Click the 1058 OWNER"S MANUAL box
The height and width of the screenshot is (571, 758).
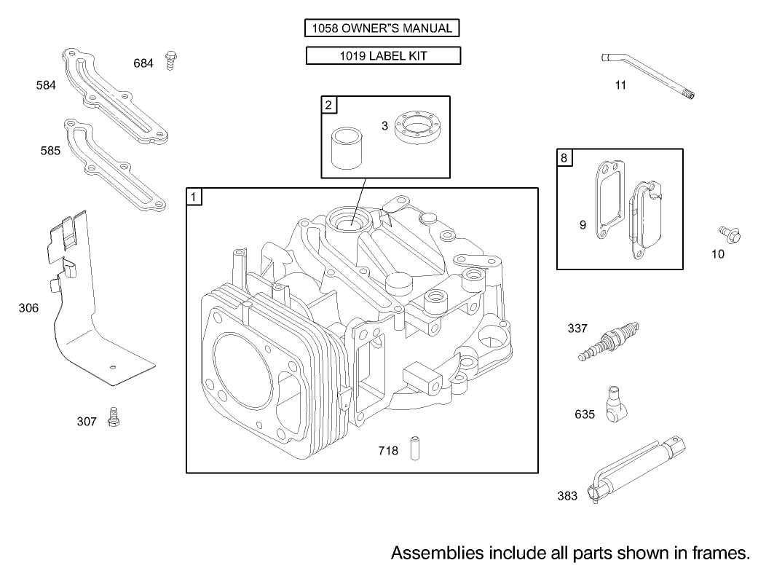pos(382,29)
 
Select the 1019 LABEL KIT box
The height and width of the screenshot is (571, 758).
pos(382,55)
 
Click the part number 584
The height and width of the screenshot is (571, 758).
pos(46,85)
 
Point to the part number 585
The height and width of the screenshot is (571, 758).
pos(50,151)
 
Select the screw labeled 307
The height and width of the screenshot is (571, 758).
pos(113,417)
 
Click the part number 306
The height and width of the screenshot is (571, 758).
pos(28,308)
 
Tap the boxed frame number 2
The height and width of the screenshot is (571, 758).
pos(328,105)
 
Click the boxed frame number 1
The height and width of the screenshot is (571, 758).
pos(194,197)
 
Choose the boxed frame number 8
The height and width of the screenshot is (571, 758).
pos(565,157)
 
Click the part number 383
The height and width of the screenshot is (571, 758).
pos(567,496)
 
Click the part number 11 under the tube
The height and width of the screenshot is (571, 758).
pos(620,85)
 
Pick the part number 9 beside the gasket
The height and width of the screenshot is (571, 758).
pos(583,225)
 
